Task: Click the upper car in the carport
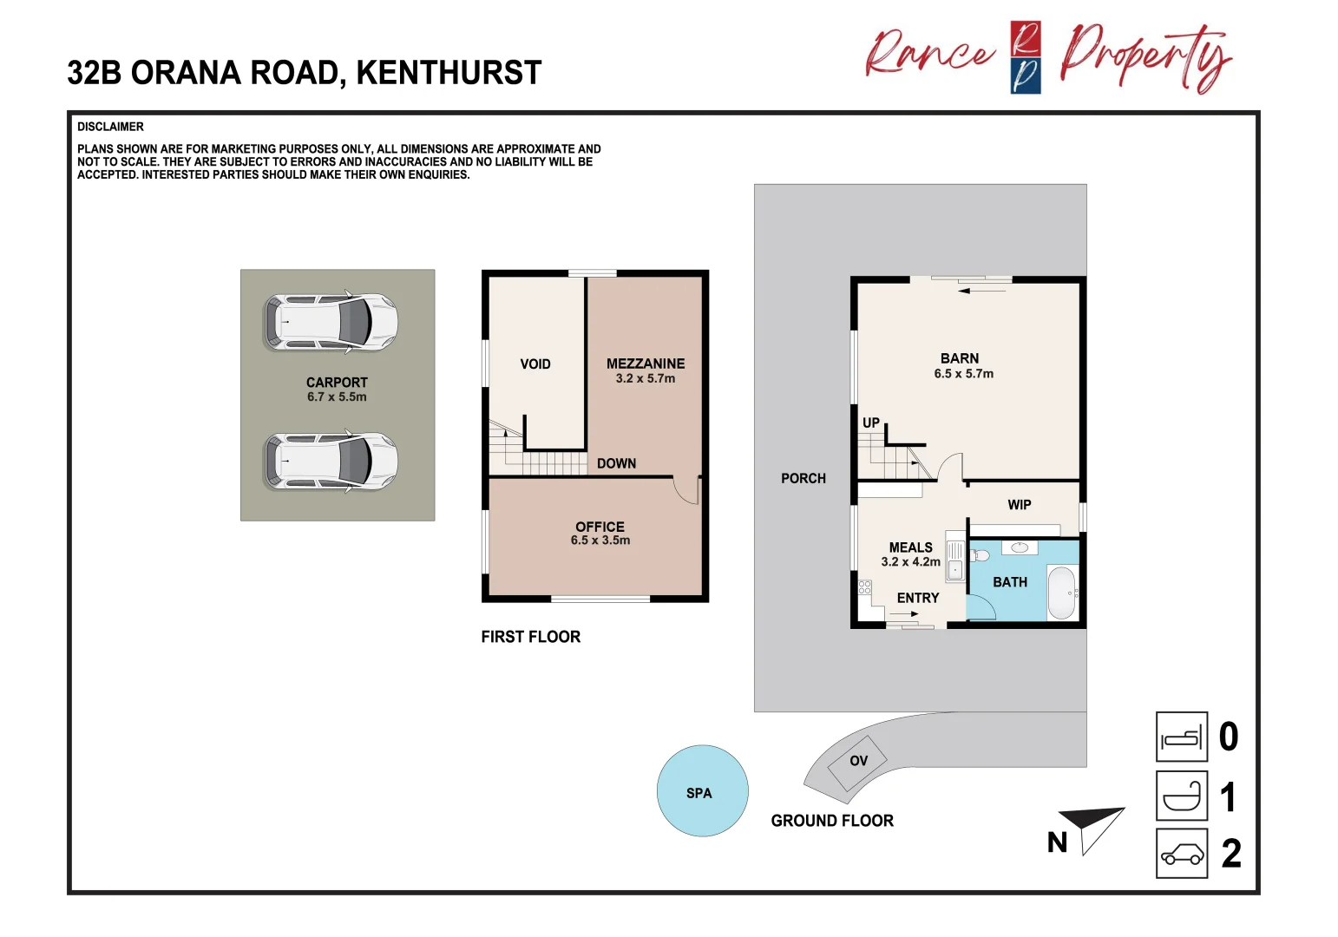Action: [331, 322]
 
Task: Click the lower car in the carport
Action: [331, 462]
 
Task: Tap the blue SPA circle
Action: [702, 791]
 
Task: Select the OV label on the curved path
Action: [858, 761]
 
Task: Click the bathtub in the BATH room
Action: [1063, 593]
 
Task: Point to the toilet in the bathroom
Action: [980, 555]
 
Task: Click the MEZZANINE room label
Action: [645, 364]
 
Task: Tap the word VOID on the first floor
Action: [535, 364]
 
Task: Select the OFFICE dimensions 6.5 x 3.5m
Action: [600, 541]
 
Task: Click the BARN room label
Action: [960, 358]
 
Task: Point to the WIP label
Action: [1020, 505]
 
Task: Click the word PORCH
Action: [803, 479]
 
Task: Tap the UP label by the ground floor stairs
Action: [871, 423]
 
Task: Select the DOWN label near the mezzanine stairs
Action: [616, 463]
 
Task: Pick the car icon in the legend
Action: [1182, 854]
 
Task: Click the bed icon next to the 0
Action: [1182, 737]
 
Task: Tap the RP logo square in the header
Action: [1026, 57]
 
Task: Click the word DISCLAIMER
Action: [110, 127]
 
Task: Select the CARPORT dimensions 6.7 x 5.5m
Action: [337, 397]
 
